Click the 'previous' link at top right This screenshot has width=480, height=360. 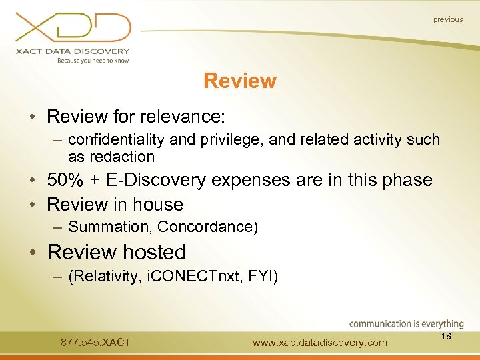[447, 20]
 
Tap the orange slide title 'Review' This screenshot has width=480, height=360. [240, 81]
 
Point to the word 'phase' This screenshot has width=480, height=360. [403, 180]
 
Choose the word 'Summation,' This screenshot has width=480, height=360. [111, 227]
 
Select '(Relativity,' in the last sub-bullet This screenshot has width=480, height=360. [103, 276]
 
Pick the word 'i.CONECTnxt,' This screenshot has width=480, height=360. [191, 276]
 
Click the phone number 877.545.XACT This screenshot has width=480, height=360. [95, 343]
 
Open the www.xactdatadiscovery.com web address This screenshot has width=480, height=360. [320, 343]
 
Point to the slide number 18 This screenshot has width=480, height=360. [446, 337]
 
